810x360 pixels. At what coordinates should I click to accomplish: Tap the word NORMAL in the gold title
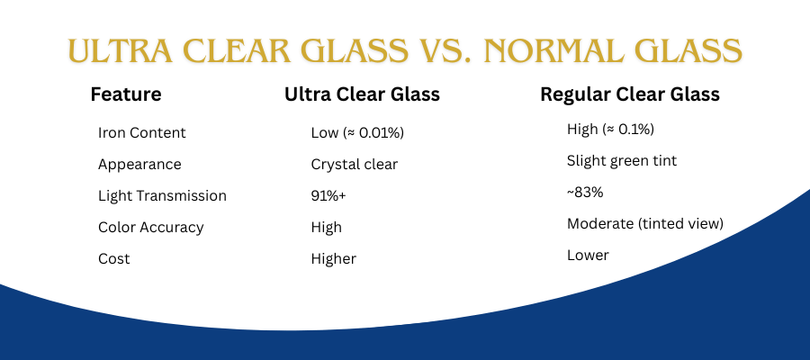[551, 50]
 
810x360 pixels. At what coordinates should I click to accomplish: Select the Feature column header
[126, 94]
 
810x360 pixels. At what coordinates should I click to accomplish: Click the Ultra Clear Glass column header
[362, 94]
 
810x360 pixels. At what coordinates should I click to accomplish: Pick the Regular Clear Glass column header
[630, 94]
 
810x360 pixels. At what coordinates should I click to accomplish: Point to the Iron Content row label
[141, 132]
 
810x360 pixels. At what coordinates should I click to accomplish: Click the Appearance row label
[139, 165]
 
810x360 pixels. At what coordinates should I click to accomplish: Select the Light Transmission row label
[162, 196]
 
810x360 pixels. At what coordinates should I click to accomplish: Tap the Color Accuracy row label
[151, 228]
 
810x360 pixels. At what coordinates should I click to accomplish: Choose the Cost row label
[113, 259]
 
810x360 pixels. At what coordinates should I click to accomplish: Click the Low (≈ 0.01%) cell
[357, 133]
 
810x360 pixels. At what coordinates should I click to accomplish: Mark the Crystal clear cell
[355, 165]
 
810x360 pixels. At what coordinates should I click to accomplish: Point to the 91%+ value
[328, 196]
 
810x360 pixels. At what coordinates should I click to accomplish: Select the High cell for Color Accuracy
[326, 228]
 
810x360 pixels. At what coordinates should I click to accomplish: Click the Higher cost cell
[333, 259]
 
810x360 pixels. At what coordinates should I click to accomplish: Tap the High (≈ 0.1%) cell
[610, 130]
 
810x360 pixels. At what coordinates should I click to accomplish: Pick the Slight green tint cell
[621, 161]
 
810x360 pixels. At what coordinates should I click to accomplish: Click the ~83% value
[585, 193]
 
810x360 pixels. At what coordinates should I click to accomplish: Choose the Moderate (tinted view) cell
[644, 224]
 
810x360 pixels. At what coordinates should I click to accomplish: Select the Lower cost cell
[588, 256]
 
